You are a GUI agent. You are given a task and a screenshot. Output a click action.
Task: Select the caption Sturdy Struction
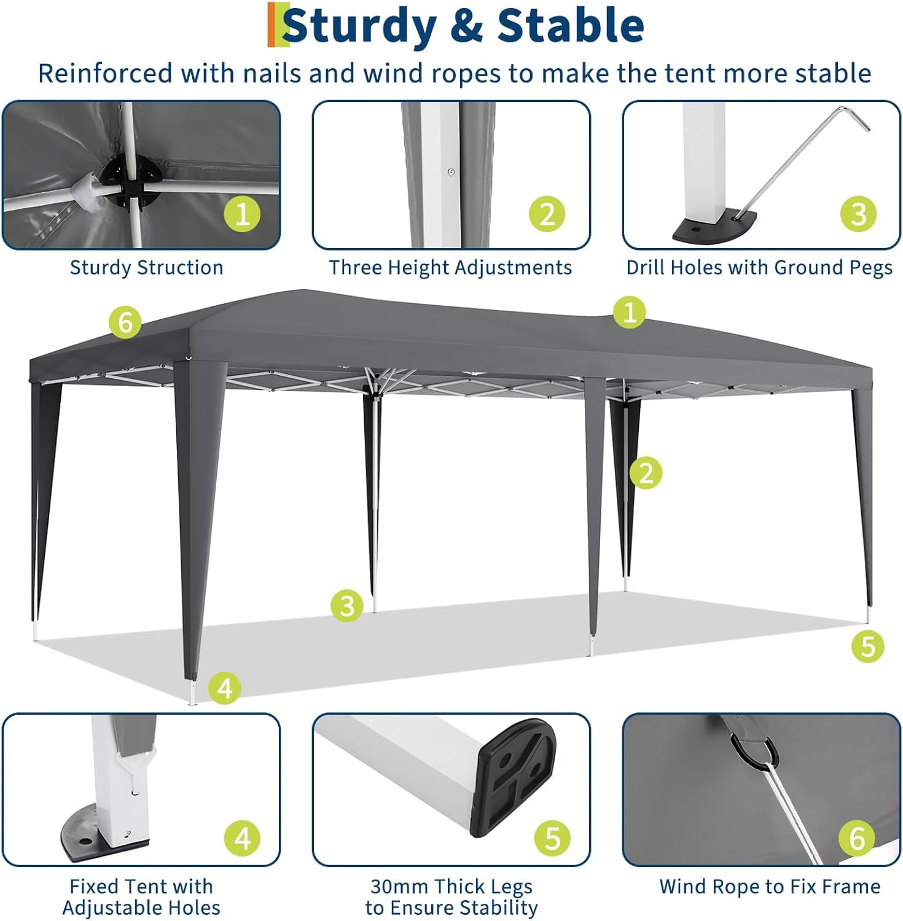(x=146, y=268)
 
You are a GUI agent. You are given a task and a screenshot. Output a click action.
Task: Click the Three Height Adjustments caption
(x=450, y=268)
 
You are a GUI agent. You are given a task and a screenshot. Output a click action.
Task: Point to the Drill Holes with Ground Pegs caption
(x=759, y=268)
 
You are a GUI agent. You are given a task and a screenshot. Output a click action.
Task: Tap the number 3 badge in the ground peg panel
(x=858, y=214)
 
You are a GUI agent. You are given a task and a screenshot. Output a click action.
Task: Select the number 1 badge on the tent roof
(x=630, y=313)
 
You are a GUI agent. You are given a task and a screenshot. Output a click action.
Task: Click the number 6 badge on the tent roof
(x=125, y=322)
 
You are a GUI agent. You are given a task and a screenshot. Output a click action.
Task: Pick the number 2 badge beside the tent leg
(x=646, y=473)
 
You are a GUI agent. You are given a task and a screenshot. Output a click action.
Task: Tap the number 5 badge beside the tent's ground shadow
(x=868, y=646)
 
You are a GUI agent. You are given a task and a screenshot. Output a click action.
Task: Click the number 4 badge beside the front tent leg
(x=225, y=688)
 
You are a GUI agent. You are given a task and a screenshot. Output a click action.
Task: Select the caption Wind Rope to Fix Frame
(x=770, y=887)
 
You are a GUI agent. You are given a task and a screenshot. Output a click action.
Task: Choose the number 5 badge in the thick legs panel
(x=552, y=838)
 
